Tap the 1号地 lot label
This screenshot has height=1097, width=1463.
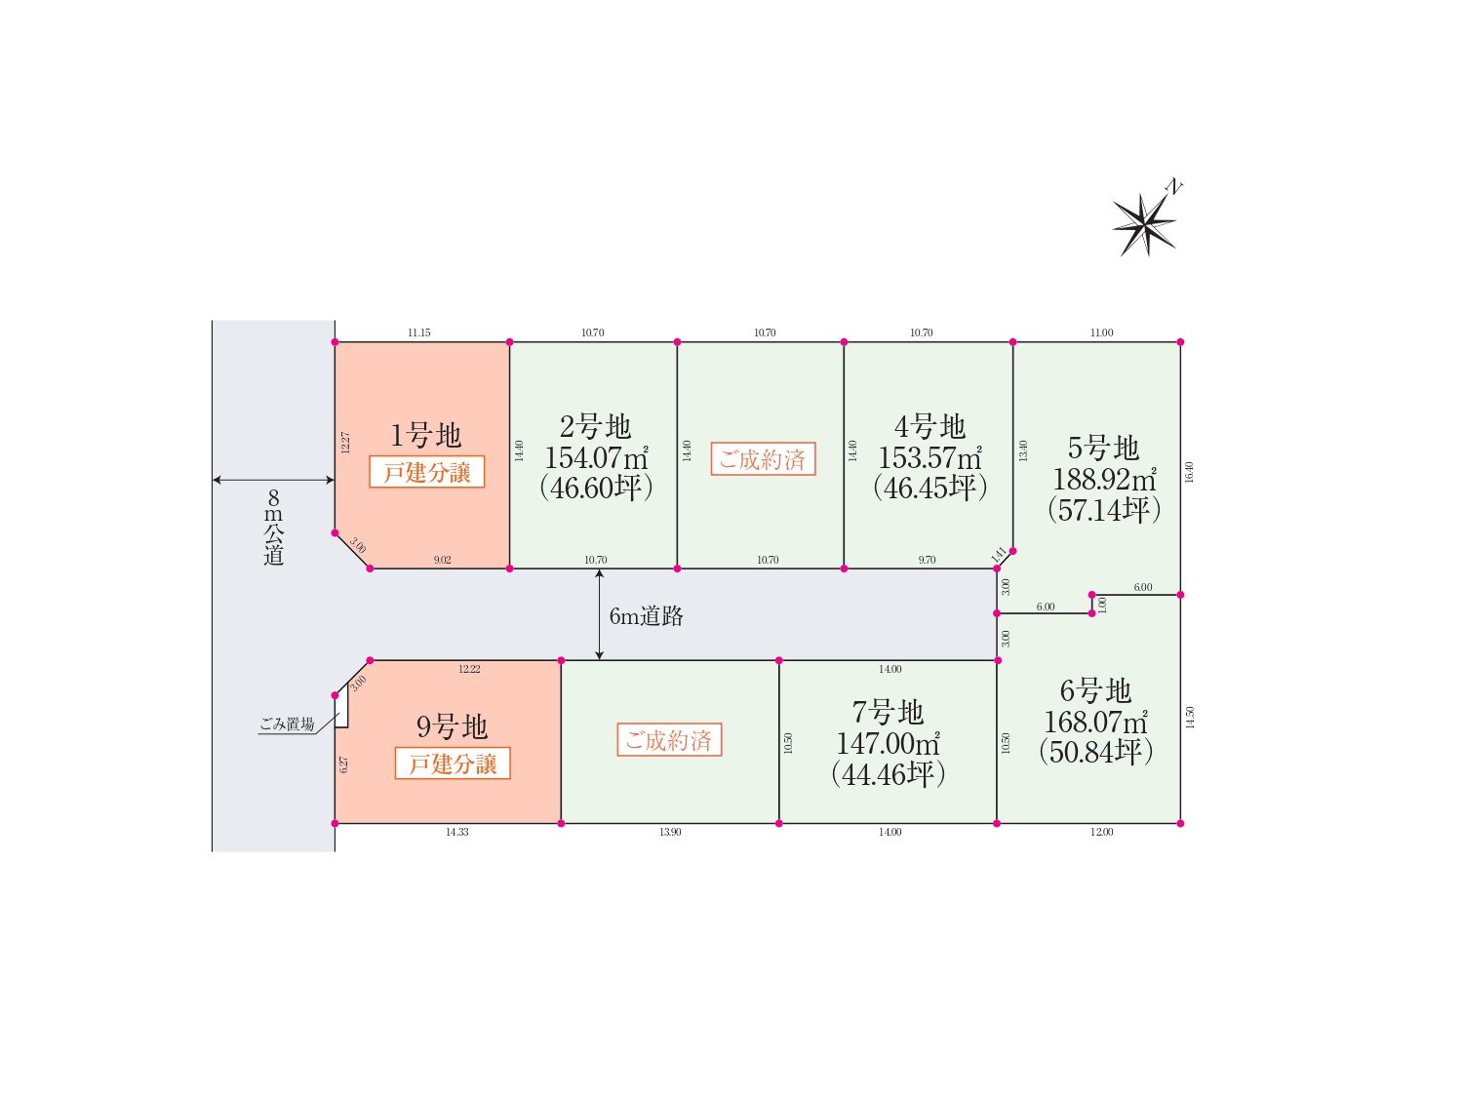tap(425, 436)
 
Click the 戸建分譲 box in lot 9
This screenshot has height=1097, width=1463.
tap(453, 764)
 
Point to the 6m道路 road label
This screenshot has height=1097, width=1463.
tap(646, 616)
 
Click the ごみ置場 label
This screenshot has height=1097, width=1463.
tap(287, 724)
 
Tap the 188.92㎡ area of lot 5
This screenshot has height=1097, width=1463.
tap(1104, 479)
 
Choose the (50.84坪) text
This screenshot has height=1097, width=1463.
tap(1095, 751)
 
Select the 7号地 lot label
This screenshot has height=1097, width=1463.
tap(888, 712)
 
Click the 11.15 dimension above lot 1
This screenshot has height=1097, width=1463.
tap(419, 333)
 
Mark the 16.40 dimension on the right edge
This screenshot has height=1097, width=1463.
tap(1188, 472)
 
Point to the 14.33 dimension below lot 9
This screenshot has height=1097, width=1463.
tap(457, 832)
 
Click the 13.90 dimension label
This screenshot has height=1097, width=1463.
tap(670, 832)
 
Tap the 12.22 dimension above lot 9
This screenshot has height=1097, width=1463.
tap(469, 669)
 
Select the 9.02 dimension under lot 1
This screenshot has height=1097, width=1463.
tap(443, 560)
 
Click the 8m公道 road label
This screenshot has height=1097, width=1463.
tap(273, 527)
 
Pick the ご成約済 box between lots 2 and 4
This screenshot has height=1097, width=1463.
tap(763, 459)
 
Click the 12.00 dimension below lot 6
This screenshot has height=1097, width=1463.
tap(1102, 832)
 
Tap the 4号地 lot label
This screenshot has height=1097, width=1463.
tap(929, 427)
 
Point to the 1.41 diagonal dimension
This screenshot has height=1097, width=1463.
tap(999, 554)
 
